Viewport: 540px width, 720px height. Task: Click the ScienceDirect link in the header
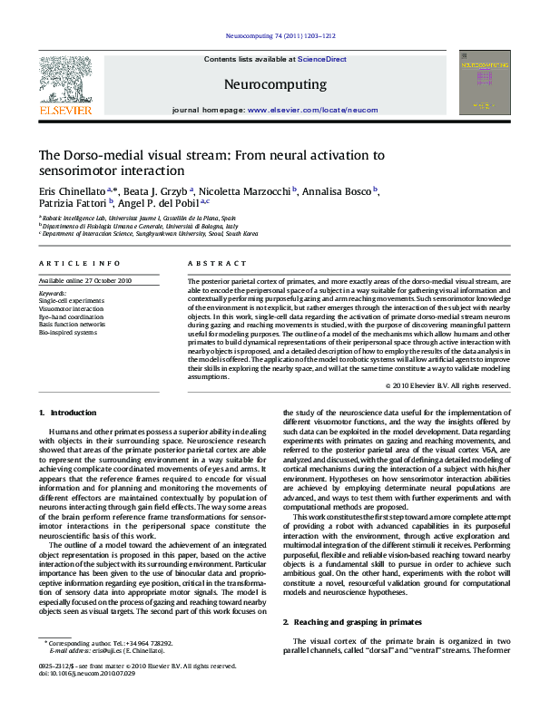click(323, 59)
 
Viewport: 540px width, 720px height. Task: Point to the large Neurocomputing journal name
click(274, 84)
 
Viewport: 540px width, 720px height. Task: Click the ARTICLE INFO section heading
click(79, 263)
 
